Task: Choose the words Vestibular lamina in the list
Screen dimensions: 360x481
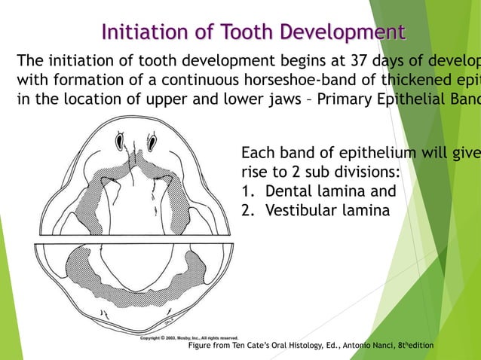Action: click(x=328, y=210)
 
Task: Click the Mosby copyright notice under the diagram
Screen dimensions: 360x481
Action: click(x=189, y=338)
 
